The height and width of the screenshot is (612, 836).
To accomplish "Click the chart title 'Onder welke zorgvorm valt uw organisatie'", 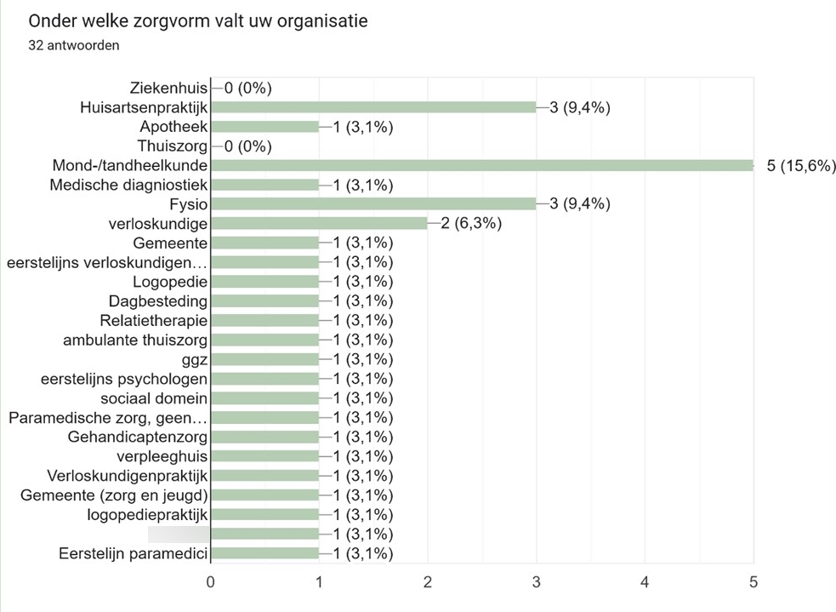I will point(197,21).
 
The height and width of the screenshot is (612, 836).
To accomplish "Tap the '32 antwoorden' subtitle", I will point(73,46).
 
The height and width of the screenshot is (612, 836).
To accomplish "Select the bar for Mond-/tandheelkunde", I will point(481,165).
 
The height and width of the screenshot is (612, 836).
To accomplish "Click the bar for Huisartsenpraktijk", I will point(373,107).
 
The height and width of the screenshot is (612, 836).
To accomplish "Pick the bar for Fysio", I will point(373,203).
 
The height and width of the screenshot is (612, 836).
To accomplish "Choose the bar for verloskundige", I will point(319,223).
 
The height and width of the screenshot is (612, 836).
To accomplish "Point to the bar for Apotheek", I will point(264,127).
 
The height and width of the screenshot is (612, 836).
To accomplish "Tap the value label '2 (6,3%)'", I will point(471,223).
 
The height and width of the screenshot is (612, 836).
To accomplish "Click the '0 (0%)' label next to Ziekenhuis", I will point(247,88).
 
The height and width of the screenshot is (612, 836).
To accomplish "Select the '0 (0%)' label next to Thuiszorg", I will point(247,146).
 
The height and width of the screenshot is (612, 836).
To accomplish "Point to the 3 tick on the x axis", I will point(537,583).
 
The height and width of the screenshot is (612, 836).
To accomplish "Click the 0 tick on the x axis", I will point(211,583).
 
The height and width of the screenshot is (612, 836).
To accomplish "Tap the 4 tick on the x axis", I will point(645,583).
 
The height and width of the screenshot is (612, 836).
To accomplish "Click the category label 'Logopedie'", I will point(170,281).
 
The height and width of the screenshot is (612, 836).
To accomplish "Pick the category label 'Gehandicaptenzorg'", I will point(138,438).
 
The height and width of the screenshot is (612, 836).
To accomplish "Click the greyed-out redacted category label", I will point(179,534).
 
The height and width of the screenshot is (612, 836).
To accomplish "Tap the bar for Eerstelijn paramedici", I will point(264,553).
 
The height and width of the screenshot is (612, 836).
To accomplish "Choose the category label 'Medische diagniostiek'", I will point(129,185).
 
